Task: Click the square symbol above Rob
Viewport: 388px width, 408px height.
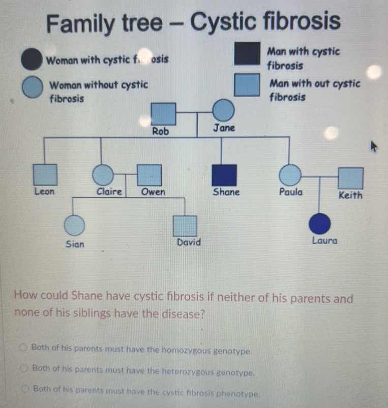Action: point(163,113)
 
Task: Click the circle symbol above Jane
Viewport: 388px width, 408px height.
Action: point(223,111)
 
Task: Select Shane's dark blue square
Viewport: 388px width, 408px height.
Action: point(224,175)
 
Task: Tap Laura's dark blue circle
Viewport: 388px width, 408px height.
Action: point(320,223)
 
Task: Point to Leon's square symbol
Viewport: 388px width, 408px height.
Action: point(45,174)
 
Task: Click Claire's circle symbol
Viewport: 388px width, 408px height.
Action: point(103,174)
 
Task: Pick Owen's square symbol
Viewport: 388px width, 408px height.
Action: point(150,174)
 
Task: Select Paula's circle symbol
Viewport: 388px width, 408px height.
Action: point(290,175)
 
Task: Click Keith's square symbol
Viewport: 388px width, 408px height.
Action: point(351,178)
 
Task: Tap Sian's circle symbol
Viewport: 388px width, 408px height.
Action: point(75,225)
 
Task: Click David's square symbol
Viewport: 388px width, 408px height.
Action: point(185,226)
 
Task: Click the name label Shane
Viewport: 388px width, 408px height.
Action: point(226,192)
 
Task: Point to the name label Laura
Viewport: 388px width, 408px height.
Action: point(324,241)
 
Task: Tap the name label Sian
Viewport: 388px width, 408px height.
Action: point(75,244)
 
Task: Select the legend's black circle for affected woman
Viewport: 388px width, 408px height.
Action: point(31,59)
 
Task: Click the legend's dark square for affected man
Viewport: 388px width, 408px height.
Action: point(247,55)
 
